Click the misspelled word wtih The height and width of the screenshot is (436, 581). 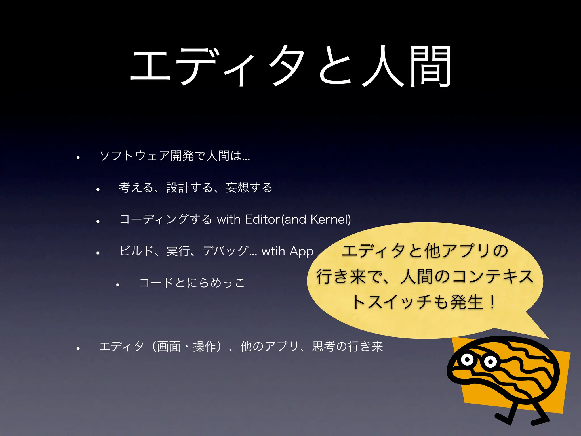pyautogui.click(x=273, y=251)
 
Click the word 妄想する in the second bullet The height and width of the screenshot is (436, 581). pyautogui.click(x=249, y=188)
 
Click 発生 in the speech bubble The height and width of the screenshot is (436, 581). pyautogui.click(x=467, y=302)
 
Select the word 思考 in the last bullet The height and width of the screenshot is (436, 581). pyautogui.click(x=324, y=347)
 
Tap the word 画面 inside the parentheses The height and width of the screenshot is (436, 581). pyautogui.click(x=169, y=347)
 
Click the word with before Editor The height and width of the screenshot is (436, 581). pyautogui.click(x=229, y=219)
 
